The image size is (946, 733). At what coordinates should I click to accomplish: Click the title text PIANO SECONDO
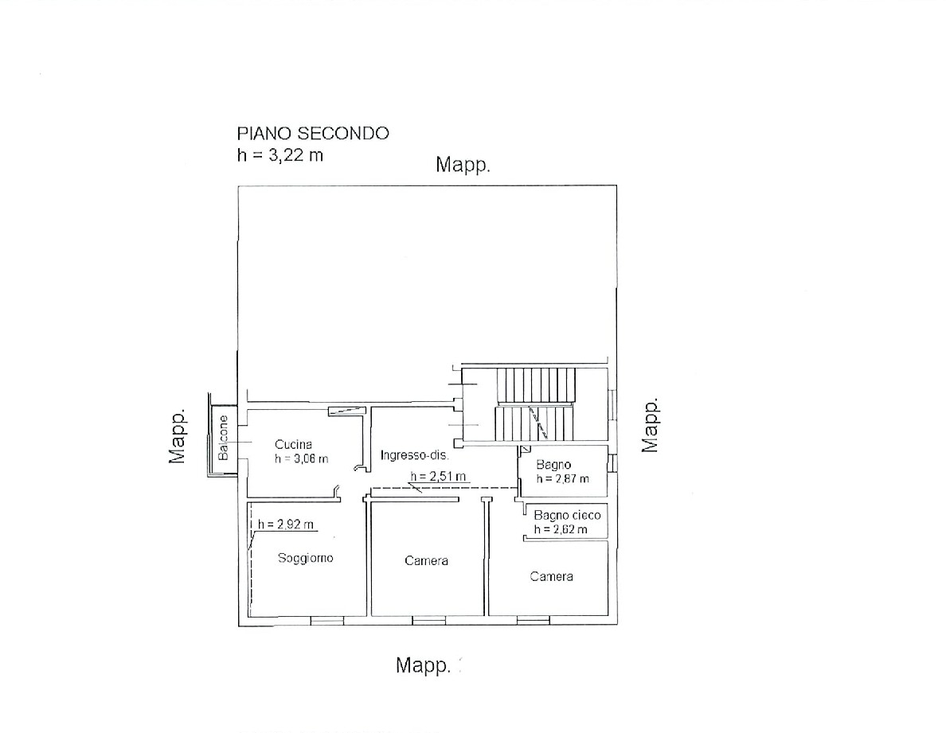[x=312, y=133]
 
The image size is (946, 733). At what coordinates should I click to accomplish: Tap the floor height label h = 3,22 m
[x=280, y=155]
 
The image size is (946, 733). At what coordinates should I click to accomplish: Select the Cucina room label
[x=293, y=444]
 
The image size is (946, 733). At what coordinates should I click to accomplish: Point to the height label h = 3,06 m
[x=301, y=458]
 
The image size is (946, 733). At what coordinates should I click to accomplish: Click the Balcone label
[x=223, y=438]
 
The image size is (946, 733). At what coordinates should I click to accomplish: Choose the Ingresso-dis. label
[x=414, y=455]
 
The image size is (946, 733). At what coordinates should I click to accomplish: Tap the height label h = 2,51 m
[x=438, y=476]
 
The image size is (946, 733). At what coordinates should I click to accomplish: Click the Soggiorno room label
[x=305, y=558]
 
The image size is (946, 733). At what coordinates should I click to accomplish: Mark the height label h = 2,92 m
[x=285, y=524]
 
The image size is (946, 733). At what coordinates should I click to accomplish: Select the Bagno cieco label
[x=567, y=516]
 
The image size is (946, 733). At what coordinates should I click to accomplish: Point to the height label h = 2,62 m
[x=561, y=529]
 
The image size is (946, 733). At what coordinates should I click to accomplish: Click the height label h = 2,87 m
[x=563, y=478]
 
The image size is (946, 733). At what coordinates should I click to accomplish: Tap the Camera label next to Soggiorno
[x=426, y=560]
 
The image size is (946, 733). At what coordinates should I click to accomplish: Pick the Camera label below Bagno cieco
[x=551, y=576]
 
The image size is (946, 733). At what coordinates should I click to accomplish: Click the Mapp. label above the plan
[x=463, y=165]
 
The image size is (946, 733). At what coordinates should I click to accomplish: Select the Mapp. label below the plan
[x=423, y=665]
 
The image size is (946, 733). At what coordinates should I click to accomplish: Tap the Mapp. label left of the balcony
[x=177, y=436]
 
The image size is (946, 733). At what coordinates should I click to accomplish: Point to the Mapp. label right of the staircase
[x=649, y=425]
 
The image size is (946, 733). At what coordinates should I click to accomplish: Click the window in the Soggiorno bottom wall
[x=326, y=620]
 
